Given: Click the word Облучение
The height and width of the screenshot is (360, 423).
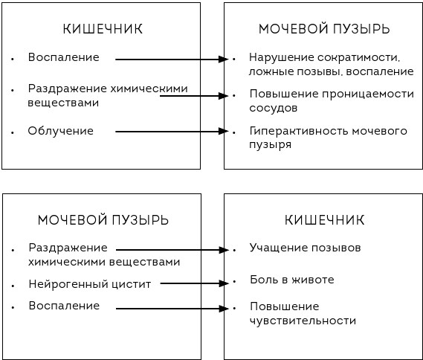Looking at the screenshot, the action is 61,131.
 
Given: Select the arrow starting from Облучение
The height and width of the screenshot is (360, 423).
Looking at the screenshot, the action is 172,132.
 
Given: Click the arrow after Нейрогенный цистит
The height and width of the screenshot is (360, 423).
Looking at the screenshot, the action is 194,283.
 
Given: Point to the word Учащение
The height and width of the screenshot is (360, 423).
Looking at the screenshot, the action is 278,248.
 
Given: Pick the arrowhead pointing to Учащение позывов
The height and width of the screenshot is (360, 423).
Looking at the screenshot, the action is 224,250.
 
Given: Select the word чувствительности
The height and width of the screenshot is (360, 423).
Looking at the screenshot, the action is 303,321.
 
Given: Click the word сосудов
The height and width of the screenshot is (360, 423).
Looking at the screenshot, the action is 274,108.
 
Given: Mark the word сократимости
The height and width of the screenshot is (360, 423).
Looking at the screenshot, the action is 358,57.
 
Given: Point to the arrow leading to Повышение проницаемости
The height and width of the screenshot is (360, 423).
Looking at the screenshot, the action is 194,96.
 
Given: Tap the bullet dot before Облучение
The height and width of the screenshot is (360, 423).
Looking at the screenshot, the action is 13,132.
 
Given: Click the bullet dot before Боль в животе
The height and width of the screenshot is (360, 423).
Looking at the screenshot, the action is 234,281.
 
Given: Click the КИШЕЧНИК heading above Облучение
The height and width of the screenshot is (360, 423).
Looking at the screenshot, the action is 103,29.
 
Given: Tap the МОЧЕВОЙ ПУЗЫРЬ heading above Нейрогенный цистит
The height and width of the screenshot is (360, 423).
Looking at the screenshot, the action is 103,220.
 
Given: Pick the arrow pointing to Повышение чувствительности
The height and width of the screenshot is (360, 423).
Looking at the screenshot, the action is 172,309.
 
